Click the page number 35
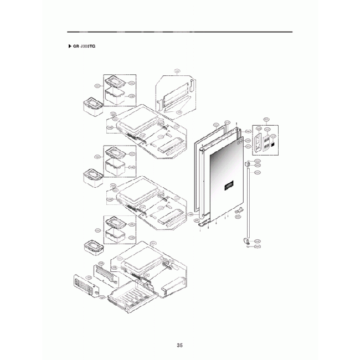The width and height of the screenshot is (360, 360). [x=179, y=345]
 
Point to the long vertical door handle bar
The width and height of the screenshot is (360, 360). [x=246, y=203]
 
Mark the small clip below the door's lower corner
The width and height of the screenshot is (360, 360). [x=239, y=211]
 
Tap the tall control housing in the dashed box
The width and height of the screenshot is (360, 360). [x=258, y=141]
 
